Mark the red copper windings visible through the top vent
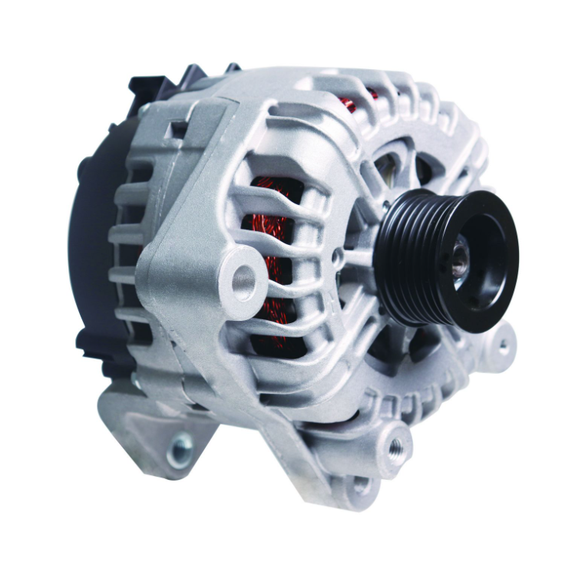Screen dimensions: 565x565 [x=349, y=104]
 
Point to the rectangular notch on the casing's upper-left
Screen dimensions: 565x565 [x=177, y=131]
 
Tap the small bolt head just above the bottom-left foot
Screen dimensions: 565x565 [x=137, y=382]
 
